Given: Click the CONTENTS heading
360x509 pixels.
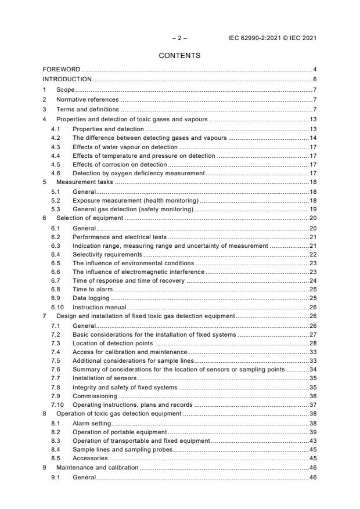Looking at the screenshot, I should (x=179, y=56).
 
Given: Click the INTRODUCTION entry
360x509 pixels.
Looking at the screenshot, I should (x=67, y=80).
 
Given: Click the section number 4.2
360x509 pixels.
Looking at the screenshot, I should (x=56, y=138).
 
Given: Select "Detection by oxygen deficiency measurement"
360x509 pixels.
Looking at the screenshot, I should (x=138, y=174).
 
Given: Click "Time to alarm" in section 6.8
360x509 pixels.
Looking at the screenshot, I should (x=92, y=289).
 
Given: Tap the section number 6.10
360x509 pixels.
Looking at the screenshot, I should (x=57, y=306).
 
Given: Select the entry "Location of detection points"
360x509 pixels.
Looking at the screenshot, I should (x=117, y=344).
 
